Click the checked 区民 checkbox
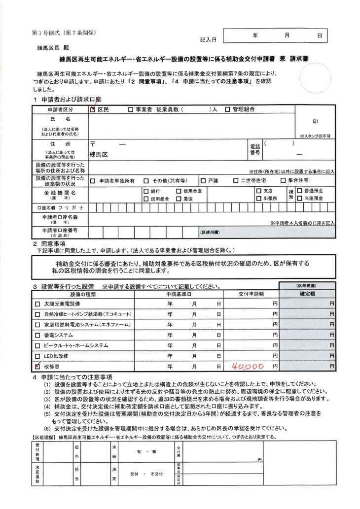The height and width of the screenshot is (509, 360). click(x=93, y=110)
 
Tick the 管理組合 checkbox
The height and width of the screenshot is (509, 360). click(x=228, y=110)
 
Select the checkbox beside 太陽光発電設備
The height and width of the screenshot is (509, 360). click(x=37, y=304)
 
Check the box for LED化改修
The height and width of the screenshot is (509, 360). click(x=37, y=356)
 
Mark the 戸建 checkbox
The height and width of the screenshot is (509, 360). click(x=203, y=181)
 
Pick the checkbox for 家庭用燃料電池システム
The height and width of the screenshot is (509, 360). click(x=37, y=325)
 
